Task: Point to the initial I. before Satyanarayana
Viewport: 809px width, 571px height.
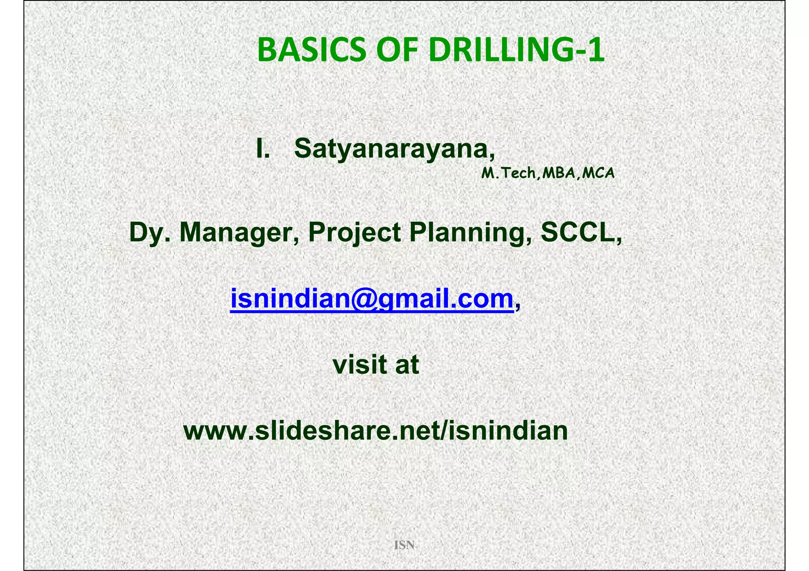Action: click(x=263, y=149)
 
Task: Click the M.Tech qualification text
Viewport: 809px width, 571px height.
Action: click(x=508, y=173)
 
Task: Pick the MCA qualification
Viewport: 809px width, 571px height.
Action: click(x=598, y=173)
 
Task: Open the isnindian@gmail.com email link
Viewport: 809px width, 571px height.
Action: click(x=371, y=299)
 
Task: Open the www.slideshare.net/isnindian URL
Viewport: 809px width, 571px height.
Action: click(x=376, y=431)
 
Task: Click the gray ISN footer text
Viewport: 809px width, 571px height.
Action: click(x=404, y=545)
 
